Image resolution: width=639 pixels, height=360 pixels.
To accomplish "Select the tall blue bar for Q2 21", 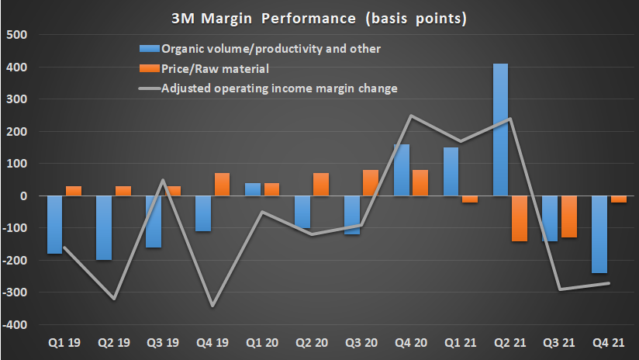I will (501, 130).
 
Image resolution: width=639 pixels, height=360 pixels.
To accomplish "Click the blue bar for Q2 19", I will (104, 227).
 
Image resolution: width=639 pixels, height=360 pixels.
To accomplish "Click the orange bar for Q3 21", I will (568, 216).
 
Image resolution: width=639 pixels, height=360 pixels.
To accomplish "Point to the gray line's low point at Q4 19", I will (213, 306).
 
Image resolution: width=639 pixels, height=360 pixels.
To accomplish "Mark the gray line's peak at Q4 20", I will (410, 116).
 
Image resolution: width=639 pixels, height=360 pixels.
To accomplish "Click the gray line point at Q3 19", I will (164, 180).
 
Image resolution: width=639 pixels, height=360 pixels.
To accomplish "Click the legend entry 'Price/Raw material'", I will (209, 68).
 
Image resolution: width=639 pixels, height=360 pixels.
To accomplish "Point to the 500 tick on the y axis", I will (16, 35).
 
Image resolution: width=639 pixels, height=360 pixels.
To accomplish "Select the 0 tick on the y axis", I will (23, 196).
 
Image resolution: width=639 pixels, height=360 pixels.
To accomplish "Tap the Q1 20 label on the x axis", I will (262, 342).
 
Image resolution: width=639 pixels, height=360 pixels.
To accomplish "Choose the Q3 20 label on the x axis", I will (361, 342).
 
